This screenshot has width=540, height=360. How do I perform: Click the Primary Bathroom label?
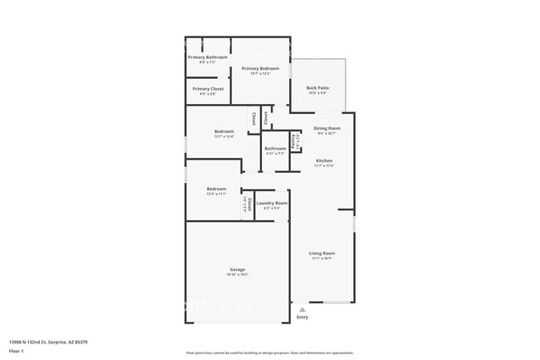(207, 57)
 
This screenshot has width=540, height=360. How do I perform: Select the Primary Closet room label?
(208, 88)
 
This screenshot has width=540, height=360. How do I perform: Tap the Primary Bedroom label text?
(260, 68)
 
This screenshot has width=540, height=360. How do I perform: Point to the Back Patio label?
(317, 87)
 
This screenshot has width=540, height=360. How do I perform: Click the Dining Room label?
(326, 128)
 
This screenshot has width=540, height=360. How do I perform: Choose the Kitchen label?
(324, 160)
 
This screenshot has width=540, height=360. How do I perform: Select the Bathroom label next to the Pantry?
(275, 149)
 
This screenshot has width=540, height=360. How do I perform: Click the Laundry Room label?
(272, 203)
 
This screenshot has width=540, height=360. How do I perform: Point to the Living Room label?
(322, 253)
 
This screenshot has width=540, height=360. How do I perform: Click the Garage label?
(237, 269)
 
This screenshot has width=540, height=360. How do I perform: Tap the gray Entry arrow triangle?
(302, 308)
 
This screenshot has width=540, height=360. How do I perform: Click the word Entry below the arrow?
(302, 317)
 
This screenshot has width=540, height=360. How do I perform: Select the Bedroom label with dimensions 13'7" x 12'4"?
(223, 131)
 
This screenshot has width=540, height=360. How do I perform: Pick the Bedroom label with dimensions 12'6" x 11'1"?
(216, 189)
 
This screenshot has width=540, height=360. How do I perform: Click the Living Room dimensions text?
(322, 258)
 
